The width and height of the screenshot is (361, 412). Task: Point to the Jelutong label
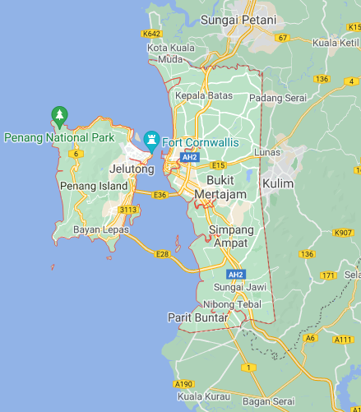pyautogui.click(x=132, y=169)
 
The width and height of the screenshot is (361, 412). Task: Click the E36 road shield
pyautogui.click(x=160, y=195)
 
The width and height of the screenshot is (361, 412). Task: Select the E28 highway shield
pyautogui.click(x=163, y=254)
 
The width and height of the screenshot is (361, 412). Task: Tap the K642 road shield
pyautogui.click(x=151, y=34)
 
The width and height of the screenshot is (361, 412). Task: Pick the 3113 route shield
pyautogui.click(x=127, y=210)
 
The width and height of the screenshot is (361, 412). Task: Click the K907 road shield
pyautogui.click(x=343, y=233)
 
